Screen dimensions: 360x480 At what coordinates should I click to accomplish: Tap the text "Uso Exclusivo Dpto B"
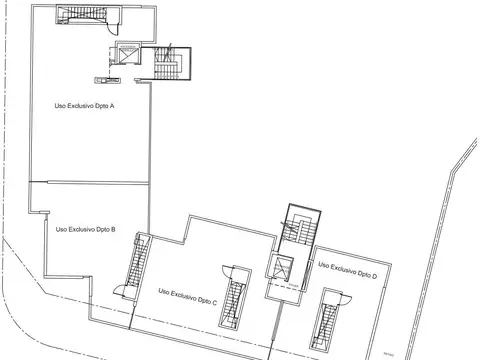click(x=85, y=229)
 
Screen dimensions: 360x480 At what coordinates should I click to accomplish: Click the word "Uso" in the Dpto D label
click(x=324, y=266)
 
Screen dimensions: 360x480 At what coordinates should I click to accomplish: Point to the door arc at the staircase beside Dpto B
click(x=122, y=290)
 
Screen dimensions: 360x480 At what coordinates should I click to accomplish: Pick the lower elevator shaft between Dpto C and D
click(x=283, y=267)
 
